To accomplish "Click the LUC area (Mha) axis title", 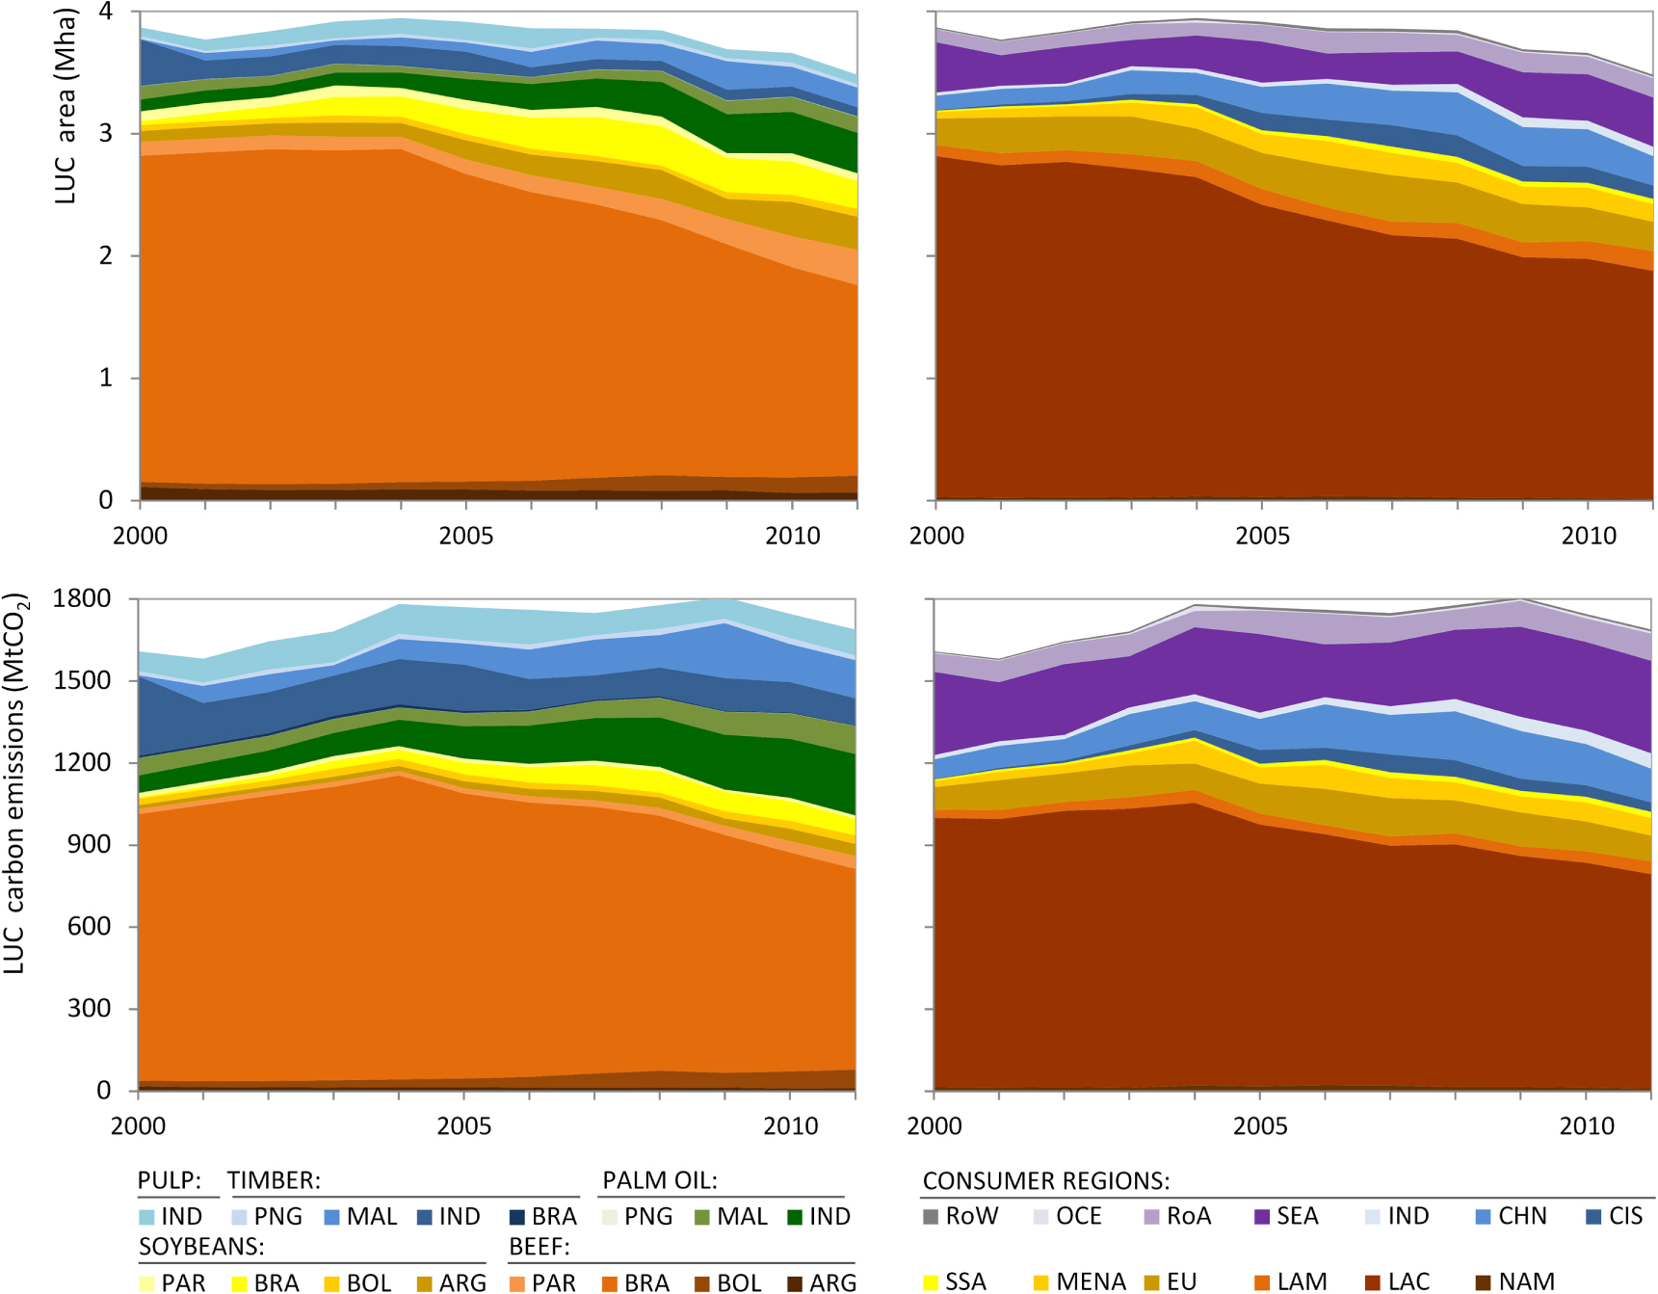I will click(65, 106).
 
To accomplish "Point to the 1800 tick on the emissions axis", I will click(82, 598).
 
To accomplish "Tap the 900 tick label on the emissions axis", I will click(91, 844).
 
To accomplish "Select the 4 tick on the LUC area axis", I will click(106, 12).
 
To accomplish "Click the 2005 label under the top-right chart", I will click(1262, 536).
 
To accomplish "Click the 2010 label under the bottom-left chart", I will click(790, 1125).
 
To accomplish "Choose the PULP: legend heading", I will click(170, 1180).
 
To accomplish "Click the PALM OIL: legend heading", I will click(660, 1180).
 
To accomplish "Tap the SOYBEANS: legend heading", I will click(201, 1247).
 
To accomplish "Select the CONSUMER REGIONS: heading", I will click(1046, 1181).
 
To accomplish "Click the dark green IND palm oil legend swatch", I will click(795, 1217).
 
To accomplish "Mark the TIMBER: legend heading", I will click(274, 1180).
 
